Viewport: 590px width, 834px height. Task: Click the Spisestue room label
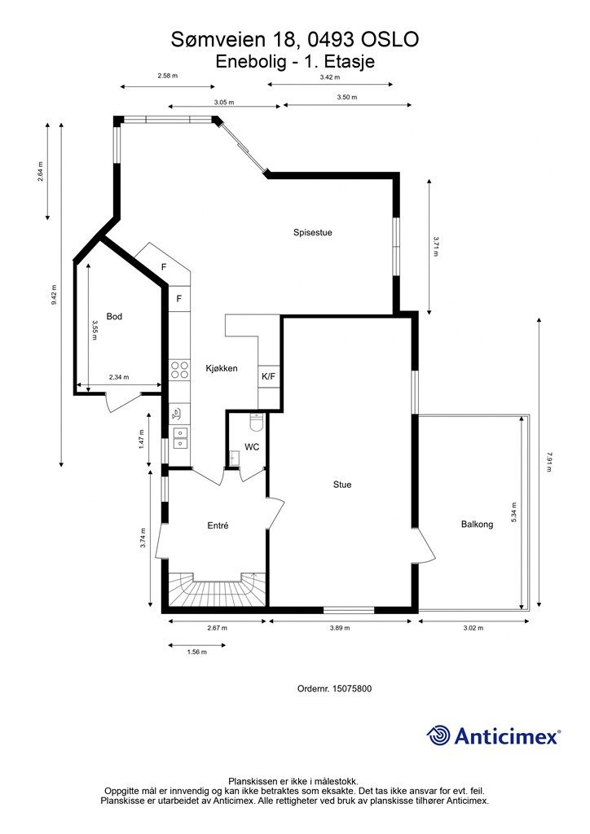click(x=313, y=232)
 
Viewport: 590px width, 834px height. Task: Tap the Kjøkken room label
click(x=221, y=368)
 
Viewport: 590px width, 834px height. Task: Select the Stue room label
click(x=342, y=485)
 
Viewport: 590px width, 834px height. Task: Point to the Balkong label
click(x=477, y=525)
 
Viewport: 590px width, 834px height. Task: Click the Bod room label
click(x=114, y=316)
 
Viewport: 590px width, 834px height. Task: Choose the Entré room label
click(x=217, y=526)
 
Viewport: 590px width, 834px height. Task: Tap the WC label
click(x=252, y=447)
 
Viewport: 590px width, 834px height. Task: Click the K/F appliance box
click(x=268, y=376)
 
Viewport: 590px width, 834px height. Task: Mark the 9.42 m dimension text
click(x=54, y=295)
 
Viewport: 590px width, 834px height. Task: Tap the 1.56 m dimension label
click(x=196, y=652)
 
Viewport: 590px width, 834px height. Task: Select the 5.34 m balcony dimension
click(x=513, y=514)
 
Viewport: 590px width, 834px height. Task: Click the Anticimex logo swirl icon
click(x=438, y=735)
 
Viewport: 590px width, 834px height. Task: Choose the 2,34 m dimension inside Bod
click(x=119, y=377)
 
